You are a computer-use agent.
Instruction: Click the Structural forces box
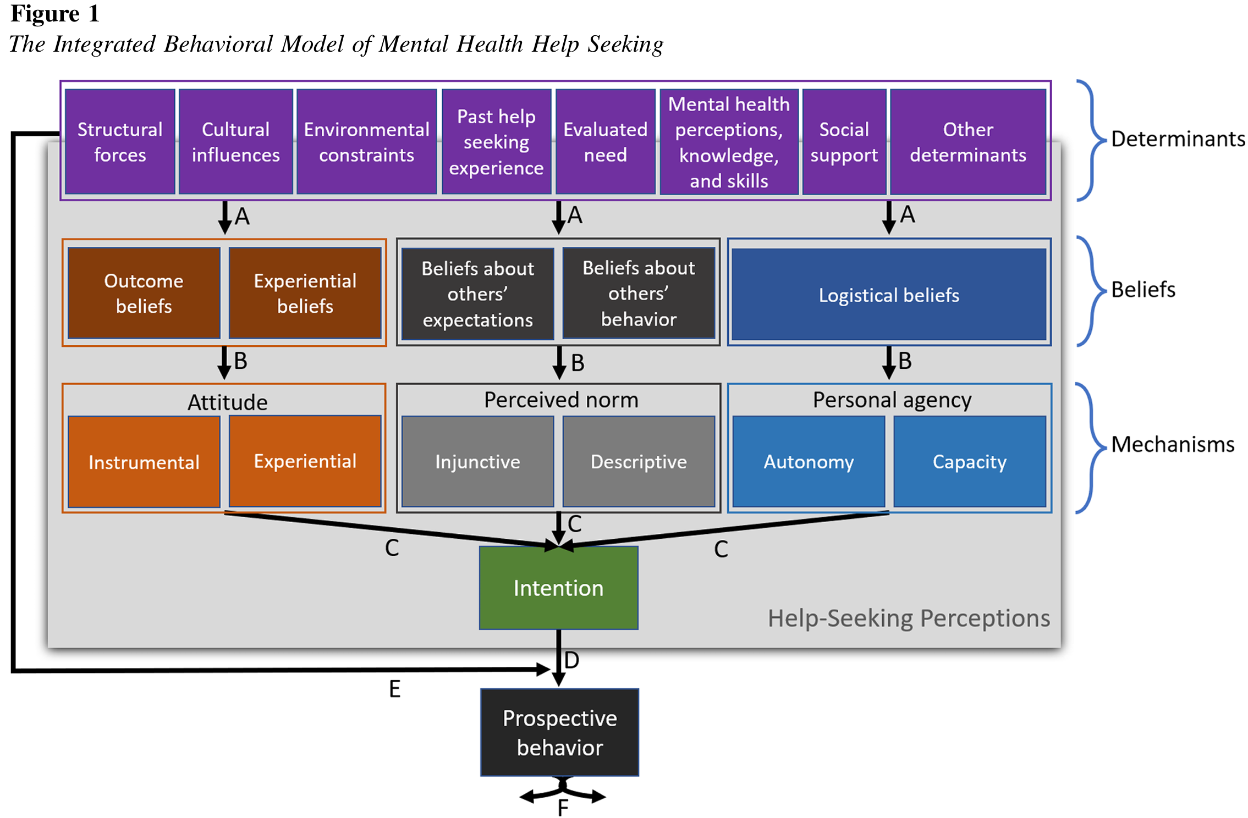[120, 142]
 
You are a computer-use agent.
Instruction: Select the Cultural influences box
[235, 142]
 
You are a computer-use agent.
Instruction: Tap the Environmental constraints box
[366, 142]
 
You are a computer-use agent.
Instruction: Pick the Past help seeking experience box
[496, 142]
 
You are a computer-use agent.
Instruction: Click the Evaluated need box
[605, 142]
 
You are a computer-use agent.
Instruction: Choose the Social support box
[844, 142]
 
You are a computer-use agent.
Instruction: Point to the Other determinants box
[967, 142]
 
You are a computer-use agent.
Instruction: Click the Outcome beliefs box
[144, 293]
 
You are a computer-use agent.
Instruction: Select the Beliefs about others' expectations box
[477, 294]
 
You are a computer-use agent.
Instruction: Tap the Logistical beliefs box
[889, 295]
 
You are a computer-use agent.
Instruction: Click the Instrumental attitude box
[144, 462]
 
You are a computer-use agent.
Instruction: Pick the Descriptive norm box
[639, 461]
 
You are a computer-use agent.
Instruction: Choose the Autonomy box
[809, 461]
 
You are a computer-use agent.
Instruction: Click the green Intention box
[558, 588]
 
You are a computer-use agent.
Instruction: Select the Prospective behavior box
[559, 732]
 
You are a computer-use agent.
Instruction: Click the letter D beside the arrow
[572, 660]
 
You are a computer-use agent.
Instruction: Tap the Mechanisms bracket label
[1173, 444]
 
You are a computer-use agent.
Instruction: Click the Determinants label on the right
[1178, 139]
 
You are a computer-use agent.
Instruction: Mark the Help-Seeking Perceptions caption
[909, 618]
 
